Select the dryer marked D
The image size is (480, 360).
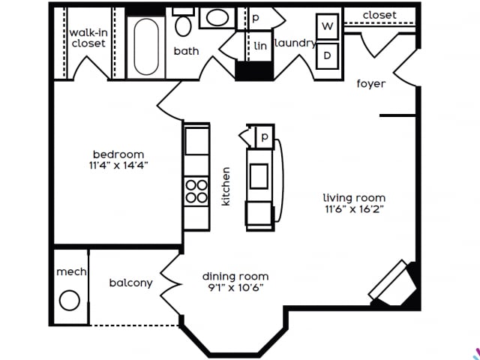click(327, 55)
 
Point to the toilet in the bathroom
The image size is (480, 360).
click(184, 24)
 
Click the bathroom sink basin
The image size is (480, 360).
click(218, 18)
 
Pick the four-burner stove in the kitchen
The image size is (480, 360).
click(196, 191)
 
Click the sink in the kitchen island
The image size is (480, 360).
click(259, 175)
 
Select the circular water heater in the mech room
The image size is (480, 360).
click(70, 301)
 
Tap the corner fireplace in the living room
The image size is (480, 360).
click(393, 283)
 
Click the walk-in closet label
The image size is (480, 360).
click(88, 38)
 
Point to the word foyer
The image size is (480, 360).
click(370, 84)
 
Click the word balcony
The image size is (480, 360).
click(131, 283)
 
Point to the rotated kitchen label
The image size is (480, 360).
click(226, 186)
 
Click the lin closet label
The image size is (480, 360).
click(260, 46)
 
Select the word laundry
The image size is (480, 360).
click(294, 43)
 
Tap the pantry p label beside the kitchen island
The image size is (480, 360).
click(264, 137)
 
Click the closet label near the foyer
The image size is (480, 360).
click(379, 15)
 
